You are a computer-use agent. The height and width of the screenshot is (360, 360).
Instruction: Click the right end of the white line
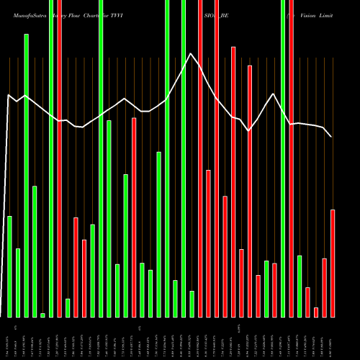tap(331, 137)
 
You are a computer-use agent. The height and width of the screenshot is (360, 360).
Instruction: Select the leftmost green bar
tap(9, 266)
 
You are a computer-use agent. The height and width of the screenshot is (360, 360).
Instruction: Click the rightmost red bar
tap(333, 263)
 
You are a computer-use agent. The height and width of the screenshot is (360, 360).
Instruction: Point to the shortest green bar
tap(42, 315)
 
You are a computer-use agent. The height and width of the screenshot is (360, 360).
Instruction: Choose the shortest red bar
tap(316, 312)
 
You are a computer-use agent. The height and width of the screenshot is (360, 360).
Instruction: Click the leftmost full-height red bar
tap(59, 158)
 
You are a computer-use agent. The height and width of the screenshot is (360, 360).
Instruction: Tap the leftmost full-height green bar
tap(50, 158)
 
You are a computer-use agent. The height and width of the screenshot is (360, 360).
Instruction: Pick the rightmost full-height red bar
tap(292, 158)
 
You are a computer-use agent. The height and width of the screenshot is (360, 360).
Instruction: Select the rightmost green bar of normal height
tap(300, 286)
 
